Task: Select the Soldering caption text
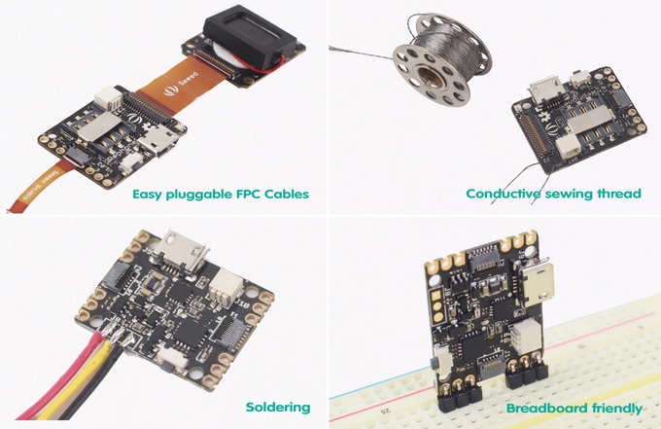pos(278,408)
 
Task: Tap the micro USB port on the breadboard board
pos(537,281)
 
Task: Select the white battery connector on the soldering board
pos(226,285)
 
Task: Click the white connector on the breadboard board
pos(527,336)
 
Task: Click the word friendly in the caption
pos(617,409)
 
